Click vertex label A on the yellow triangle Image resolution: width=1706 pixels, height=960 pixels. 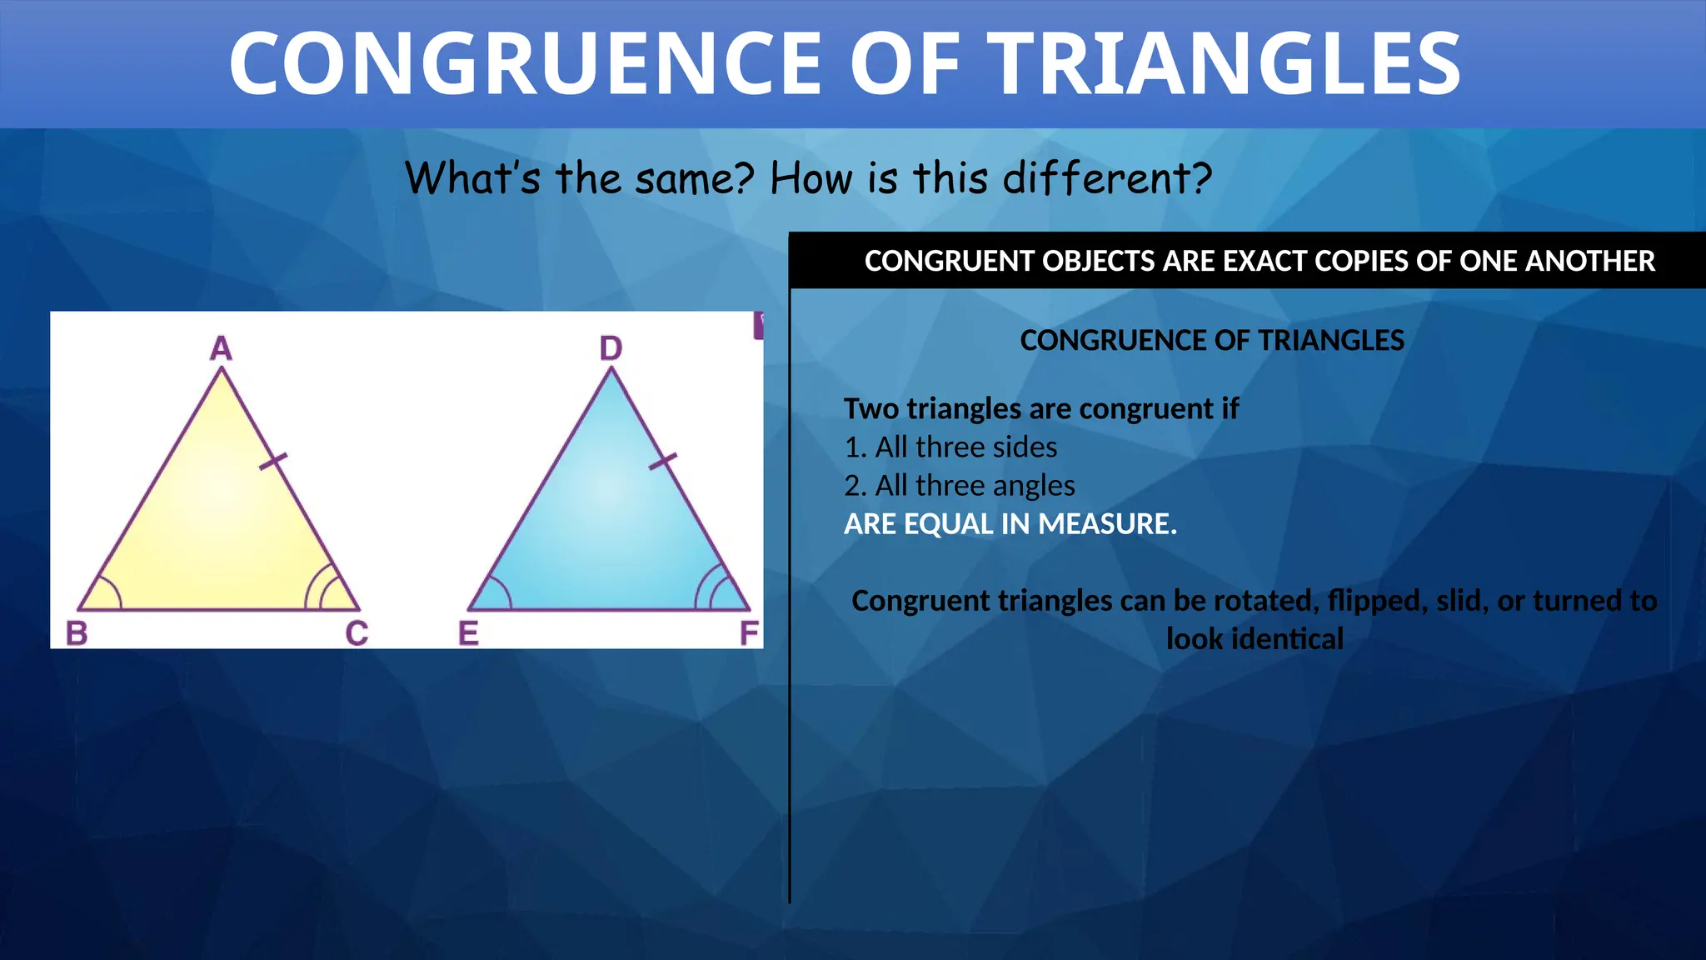[x=221, y=348]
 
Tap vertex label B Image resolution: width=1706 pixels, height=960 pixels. [x=77, y=633]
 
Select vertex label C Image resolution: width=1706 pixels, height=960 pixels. [x=357, y=633]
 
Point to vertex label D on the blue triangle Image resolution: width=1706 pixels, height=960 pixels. [x=611, y=348]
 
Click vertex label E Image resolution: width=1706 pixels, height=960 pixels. [x=468, y=633]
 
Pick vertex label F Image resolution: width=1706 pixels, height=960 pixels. [x=749, y=633]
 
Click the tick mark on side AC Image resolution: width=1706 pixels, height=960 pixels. [x=273, y=461]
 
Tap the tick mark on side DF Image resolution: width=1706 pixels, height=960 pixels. [x=663, y=461]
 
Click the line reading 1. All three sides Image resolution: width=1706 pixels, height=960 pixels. [x=950, y=447]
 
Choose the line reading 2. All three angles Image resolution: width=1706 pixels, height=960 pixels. [x=960, y=486]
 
